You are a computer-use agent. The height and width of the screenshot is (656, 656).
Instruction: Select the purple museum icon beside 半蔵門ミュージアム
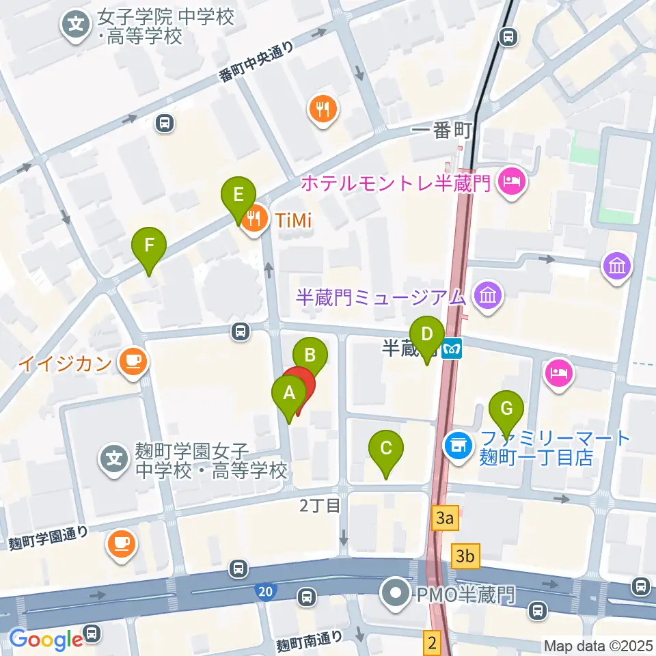click(x=489, y=296)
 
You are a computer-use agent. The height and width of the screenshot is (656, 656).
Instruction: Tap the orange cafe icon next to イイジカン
click(x=131, y=361)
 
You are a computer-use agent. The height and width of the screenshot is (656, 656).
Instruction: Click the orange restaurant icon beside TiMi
click(x=255, y=219)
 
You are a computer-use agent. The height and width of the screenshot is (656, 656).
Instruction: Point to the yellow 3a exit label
click(x=445, y=519)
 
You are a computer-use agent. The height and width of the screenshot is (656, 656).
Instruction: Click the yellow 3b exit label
click(x=466, y=556)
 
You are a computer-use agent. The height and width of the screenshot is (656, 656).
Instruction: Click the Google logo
click(x=46, y=639)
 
